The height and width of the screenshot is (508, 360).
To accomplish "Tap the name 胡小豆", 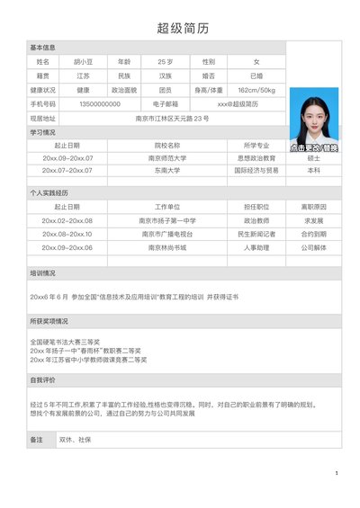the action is click(x=82, y=61).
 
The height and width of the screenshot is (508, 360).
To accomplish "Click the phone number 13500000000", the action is click(x=99, y=104).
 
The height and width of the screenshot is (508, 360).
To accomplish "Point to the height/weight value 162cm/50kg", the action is click(x=256, y=90).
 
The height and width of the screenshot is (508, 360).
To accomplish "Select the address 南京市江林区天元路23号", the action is click(x=172, y=119).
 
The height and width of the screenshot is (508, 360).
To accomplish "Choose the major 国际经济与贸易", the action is click(x=256, y=170).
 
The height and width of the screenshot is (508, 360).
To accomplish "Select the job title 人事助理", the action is click(x=256, y=247).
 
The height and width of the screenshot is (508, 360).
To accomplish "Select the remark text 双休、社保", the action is click(x=76, y=440).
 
